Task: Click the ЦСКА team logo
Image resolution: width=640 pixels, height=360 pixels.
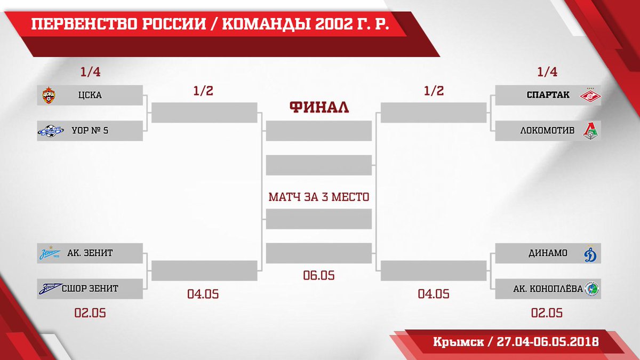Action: click(49, 95)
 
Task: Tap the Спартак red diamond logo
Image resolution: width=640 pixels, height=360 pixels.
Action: click(590, 95)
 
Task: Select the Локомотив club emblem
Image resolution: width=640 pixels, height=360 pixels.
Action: click(590, 131)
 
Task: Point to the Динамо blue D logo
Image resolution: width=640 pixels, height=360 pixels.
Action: click(590, 253)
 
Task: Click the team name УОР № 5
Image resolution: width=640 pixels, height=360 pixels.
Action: click(90, 131)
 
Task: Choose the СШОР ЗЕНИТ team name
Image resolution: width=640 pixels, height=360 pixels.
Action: click(90, 289)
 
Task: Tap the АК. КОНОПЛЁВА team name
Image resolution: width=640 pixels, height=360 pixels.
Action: click(548, 289)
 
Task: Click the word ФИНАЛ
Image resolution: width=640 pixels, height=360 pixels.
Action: click(319, 107)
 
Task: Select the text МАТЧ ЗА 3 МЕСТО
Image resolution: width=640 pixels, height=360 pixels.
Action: click(319, 197)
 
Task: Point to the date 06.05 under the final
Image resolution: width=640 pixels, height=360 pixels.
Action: click(319, 275)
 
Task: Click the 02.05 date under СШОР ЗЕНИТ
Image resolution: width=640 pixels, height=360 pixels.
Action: click(90, 313)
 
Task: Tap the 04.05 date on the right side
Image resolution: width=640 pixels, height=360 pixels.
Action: click(434, 294)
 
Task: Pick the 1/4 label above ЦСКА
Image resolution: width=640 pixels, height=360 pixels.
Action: click(90, 71)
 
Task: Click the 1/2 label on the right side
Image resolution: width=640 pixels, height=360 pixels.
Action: click(434, 91)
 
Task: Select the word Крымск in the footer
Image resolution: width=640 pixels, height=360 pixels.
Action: click(458, 342)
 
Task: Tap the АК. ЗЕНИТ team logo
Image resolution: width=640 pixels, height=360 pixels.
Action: click(50, 253)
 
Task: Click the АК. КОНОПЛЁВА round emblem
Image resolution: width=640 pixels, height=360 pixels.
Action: click(591, 289)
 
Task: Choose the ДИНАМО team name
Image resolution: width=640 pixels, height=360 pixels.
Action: click(548, 253)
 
